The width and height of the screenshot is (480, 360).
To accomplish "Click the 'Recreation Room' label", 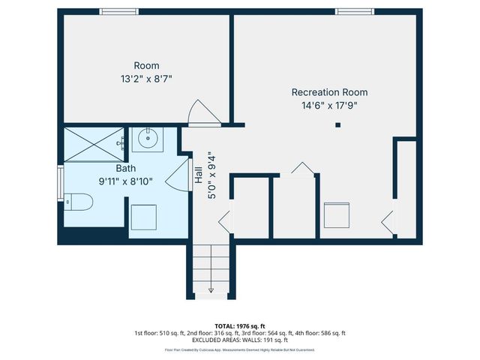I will point(329,92).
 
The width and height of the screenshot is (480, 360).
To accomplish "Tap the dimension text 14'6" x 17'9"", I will point(329,106).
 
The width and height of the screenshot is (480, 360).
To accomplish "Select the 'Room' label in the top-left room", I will point(146,65).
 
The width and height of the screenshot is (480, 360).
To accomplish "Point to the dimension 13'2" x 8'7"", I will point(146,79).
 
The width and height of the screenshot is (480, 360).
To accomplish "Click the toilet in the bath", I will point(77,201).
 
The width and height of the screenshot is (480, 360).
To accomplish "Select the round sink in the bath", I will point(148,138).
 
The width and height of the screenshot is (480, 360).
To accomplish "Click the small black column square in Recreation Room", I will point(337,124).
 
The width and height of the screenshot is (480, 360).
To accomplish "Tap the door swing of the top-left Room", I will point(202,113).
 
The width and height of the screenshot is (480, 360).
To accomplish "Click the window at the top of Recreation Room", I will point(354,11).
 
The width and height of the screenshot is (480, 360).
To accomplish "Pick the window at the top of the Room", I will point(119,11).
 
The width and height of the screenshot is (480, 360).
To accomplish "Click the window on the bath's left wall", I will point(61,184).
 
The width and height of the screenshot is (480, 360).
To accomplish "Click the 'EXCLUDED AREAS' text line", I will point(240,340).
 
